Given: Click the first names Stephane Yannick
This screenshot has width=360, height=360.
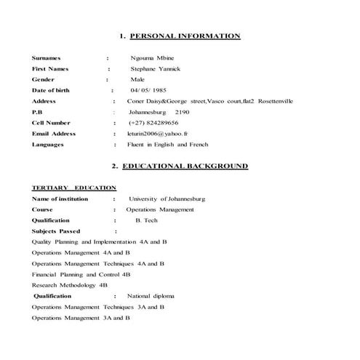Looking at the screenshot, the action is click(155, 68).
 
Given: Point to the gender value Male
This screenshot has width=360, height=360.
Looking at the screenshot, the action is click(137, 79).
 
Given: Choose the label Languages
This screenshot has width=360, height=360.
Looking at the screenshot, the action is click(48, 145).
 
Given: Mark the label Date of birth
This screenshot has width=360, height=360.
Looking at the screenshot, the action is click(52, 90).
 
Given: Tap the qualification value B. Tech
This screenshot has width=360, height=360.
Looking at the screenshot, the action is click(148, 220).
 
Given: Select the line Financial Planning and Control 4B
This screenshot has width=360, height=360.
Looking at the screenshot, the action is click(81, 274).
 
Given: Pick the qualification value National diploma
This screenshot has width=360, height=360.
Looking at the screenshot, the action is click(151, 296).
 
